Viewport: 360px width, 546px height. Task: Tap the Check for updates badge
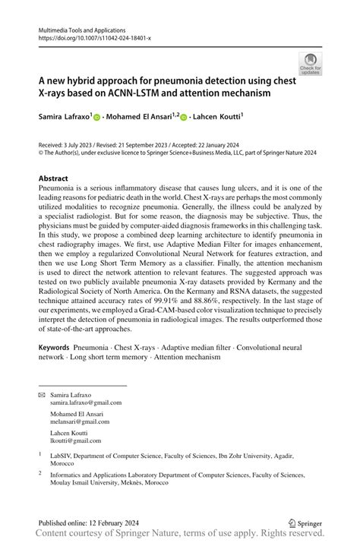tap(310, 63)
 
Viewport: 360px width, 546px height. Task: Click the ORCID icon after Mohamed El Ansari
tap(185, 118)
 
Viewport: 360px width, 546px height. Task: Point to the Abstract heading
tap(58, 178)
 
